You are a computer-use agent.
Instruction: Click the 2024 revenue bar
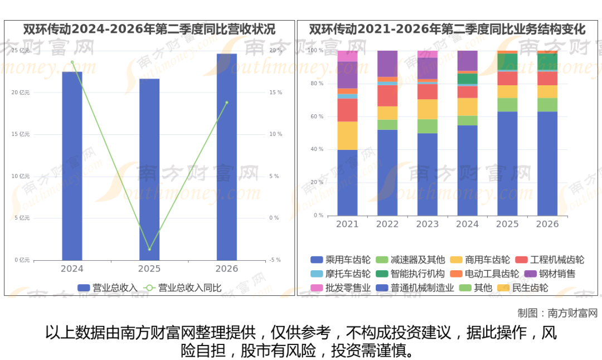(x=72, y=166)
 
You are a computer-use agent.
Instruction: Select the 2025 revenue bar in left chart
(x=149, y=169)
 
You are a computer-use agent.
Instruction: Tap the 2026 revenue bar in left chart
(x=227, y=157)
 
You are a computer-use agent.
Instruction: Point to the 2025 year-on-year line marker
(x=149, y=250)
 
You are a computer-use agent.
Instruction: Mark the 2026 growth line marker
(x=227, y=103)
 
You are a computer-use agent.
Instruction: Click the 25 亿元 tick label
(x=21, y=50)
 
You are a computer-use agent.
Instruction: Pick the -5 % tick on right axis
(x=275, y=260)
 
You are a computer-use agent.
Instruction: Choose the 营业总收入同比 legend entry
(x=182, y=288)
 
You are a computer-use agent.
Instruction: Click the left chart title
(x=149, y=29)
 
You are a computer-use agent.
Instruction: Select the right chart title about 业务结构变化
(x=447, y=29)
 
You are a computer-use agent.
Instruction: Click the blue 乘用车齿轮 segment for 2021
(x=347, y=183)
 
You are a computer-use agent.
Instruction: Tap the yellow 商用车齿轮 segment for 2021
(x=347, y=135)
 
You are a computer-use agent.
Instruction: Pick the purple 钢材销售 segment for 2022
(x=387, y=64)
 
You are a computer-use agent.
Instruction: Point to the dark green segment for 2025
(x=507, y=62)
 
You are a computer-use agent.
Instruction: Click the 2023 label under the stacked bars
(x=428, y=224)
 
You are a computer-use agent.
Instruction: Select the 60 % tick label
(x=317, y=116)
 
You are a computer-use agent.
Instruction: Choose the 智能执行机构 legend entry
(x=410, y=274)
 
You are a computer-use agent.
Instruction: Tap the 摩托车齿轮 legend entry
(x=341, y=274)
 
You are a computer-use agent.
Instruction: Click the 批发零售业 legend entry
(x=341, y=288)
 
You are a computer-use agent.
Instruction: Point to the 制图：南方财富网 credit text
(x=557, y=313)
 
